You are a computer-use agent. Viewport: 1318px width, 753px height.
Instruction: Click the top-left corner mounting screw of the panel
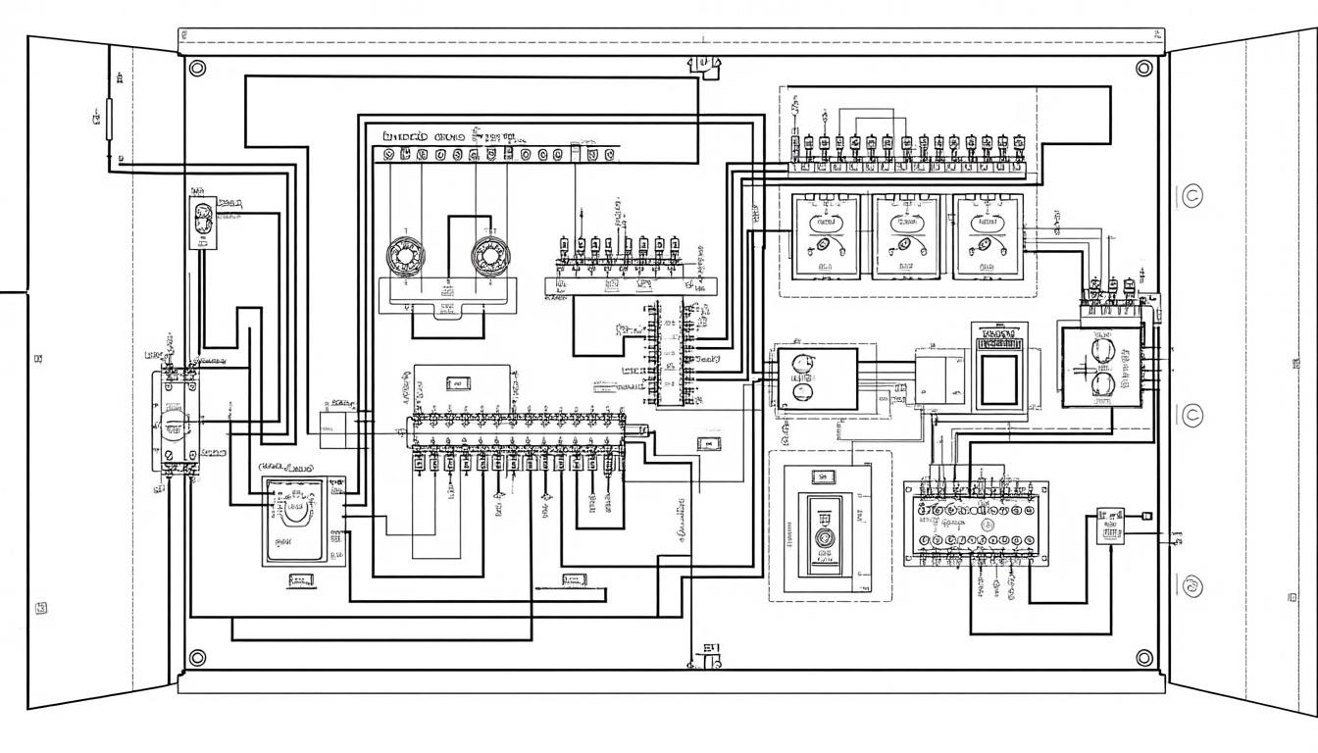(x=197, y=68)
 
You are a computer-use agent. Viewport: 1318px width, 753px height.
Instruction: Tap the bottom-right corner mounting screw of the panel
(x=1143, y=657)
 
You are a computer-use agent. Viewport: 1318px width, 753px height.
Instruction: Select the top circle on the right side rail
(x=1192, y=195)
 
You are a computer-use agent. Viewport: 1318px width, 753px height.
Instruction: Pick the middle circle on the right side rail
(x=1192, y=416)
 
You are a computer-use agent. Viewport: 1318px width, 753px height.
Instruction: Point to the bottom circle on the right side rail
(x=1192, y=586)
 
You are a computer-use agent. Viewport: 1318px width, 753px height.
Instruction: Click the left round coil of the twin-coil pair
(x=403, y=256)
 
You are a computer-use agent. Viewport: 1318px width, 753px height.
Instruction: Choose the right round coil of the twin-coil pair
(x=489, y=256)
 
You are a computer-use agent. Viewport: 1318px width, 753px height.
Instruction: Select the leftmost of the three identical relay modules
(x=824, y=235)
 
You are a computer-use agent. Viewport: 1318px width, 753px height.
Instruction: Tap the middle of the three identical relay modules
(x=905, y=235)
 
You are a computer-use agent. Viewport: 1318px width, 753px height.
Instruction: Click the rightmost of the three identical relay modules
(x=987, y=235)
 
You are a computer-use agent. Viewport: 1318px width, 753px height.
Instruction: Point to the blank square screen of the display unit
(x=999, y=376)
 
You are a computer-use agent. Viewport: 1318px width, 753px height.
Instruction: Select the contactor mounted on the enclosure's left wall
(x=175, y=422)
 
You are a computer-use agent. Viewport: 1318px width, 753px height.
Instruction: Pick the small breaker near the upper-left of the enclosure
(x=204, y=222)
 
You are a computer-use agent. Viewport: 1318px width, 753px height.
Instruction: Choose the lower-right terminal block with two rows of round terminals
(x=976, y=525)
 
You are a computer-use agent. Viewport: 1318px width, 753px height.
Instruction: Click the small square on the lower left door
(x=41, y=608)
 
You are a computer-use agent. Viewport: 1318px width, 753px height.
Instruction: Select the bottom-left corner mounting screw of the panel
(x=197, y=657)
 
